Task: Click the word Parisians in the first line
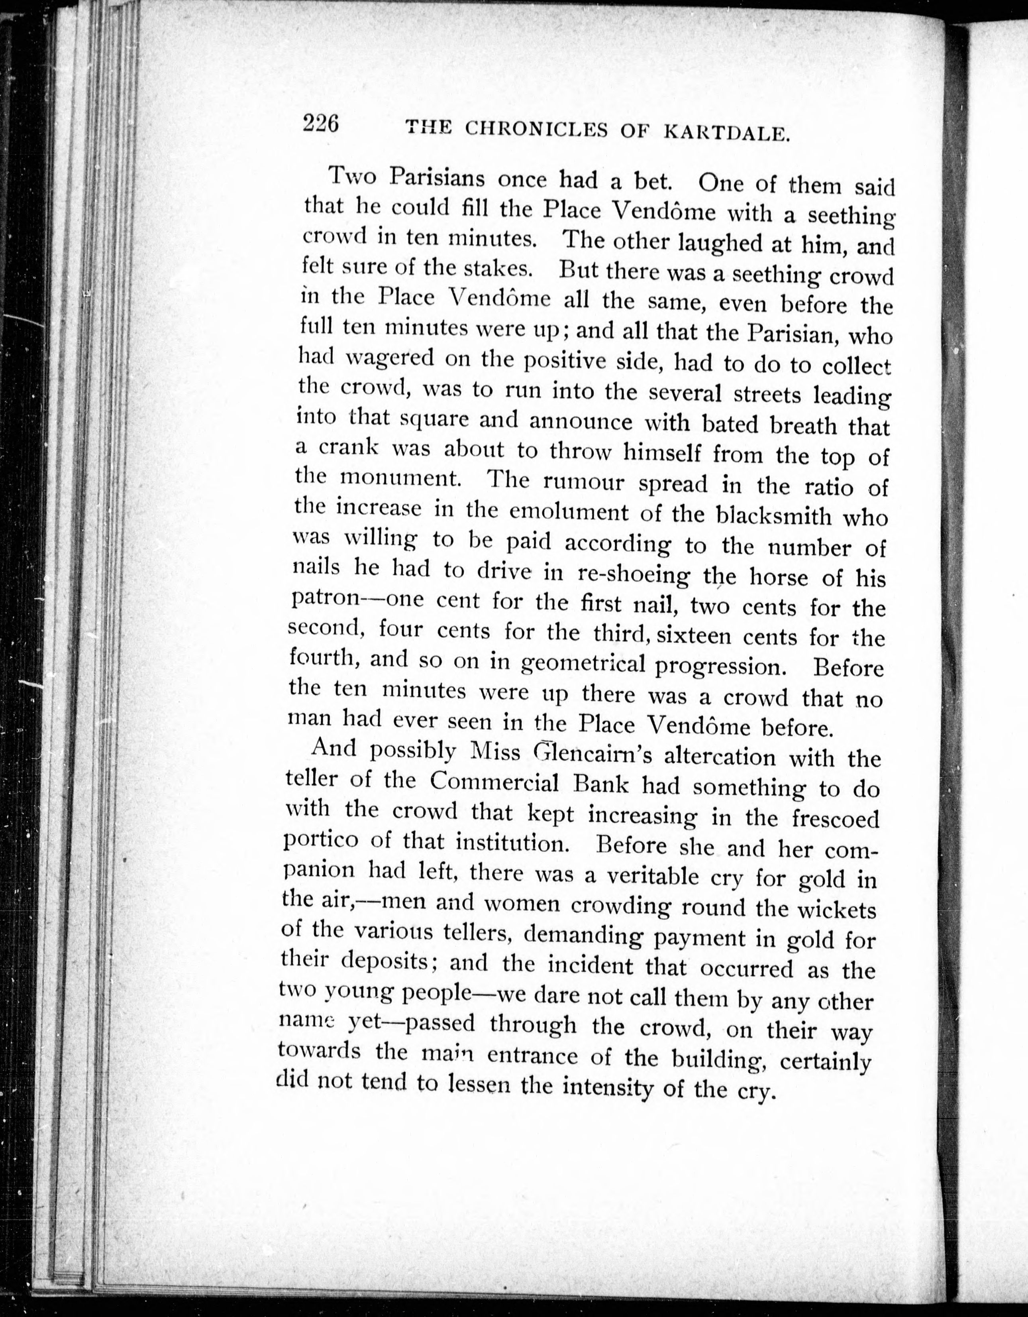click(x=437, y=178)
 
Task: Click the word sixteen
click(x=693, y=636)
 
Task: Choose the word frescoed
click(x=835, y=818)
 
